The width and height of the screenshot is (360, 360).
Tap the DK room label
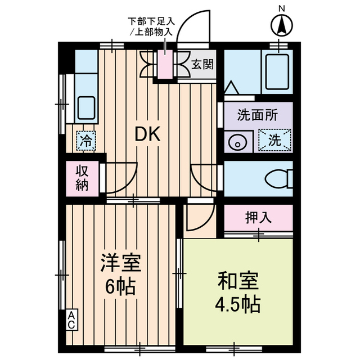pyautogui.click(x=147, y=134)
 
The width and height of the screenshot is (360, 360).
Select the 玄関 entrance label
pyautogui.click(x=202, y=64)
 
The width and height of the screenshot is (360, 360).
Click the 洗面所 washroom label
pyautogui.click(x=257, y=116)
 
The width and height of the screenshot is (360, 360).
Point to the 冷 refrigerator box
pyautogui.click(x=85, y=141)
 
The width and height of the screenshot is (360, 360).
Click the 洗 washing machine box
pyautogui.click(x=275, y=141)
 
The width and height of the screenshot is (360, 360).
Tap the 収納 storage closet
pyautogui.click(x=82, y=179)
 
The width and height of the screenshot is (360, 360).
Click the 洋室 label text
pyautogui.click(x=120, y=263)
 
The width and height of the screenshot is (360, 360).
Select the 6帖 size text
pyautogui.click(x=120, y=287)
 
